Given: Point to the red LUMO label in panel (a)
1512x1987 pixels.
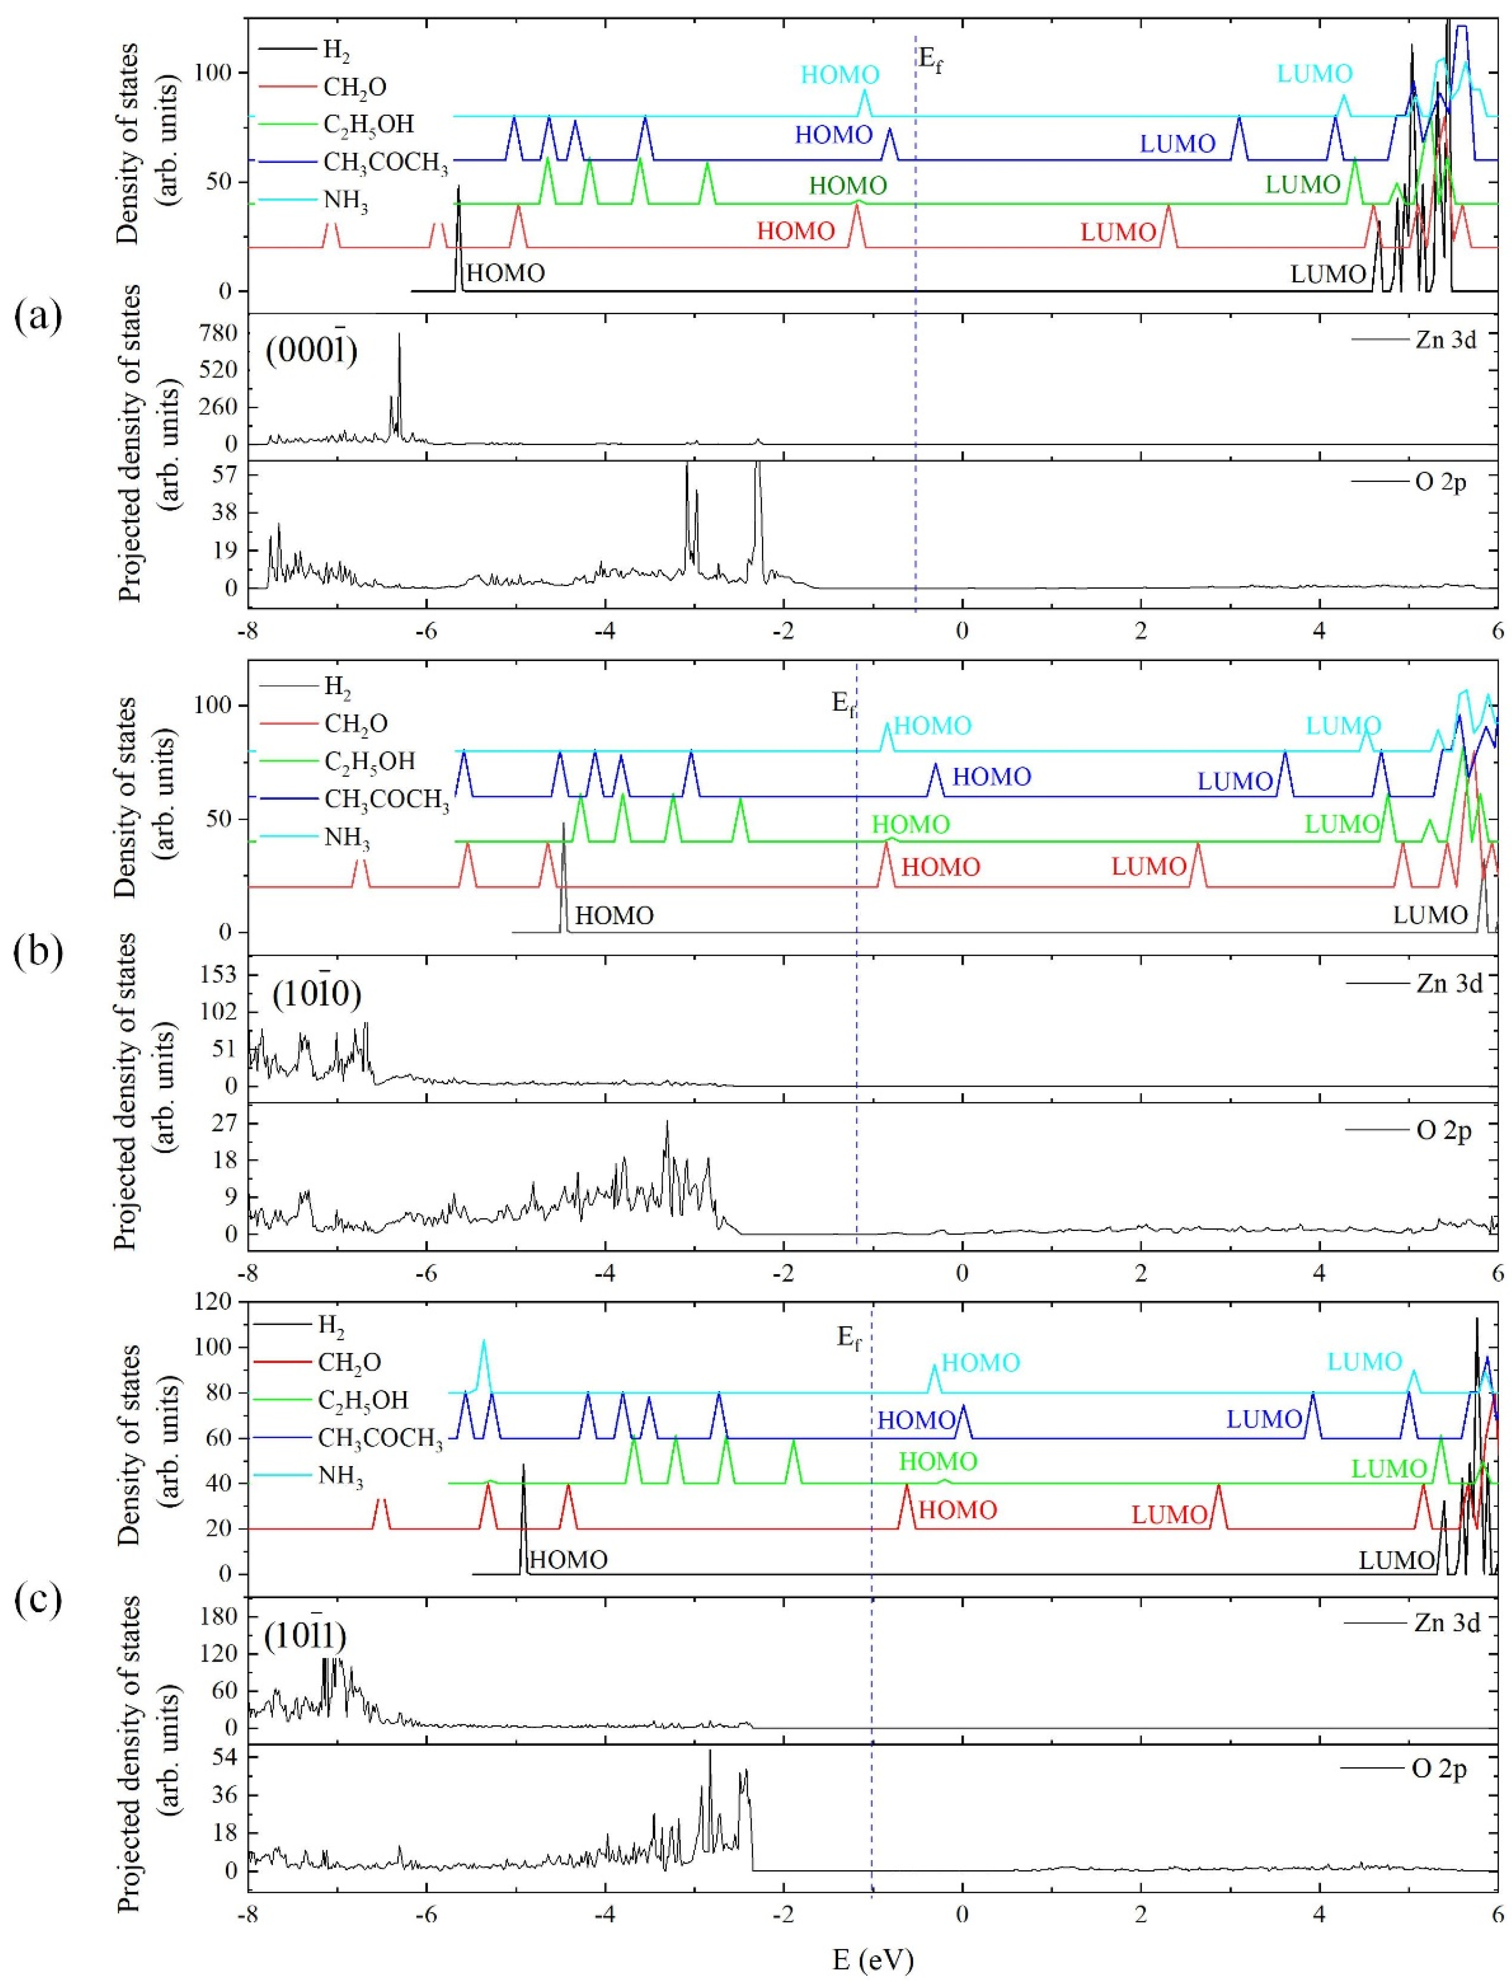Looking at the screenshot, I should point(1118,232).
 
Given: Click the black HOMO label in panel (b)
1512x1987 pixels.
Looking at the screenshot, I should point(614,916).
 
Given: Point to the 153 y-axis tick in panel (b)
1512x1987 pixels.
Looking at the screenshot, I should point(219,974).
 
